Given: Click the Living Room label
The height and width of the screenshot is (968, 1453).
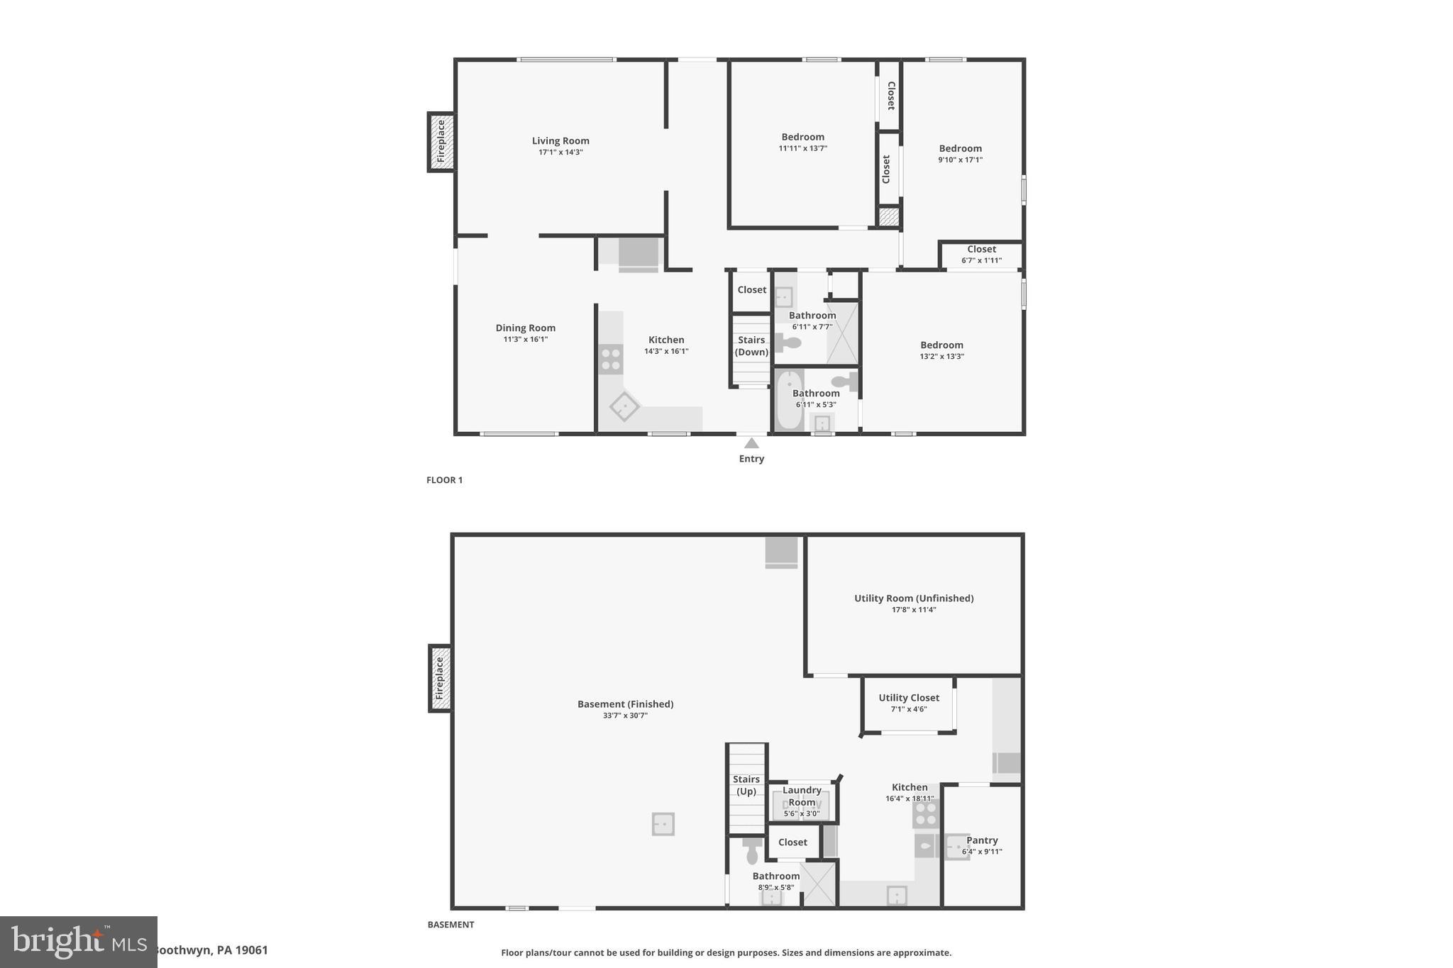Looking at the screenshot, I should coord(560,140).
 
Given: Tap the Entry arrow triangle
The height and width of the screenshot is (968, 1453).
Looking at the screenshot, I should coord(751,444).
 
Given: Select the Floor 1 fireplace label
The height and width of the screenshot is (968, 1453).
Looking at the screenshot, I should coord(441,142).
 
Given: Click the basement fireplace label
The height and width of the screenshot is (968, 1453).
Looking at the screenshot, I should coord(440,678).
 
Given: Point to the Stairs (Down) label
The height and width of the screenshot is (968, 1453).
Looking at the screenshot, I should coord(751,346).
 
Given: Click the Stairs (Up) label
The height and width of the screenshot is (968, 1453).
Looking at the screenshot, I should coord(746,785).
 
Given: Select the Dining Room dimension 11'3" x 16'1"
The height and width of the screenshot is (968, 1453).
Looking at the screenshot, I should coord(526,340).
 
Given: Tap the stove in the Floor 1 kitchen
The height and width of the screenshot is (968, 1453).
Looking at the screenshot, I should coord(611,359).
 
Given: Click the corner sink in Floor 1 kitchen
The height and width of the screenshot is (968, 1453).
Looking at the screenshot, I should coord(624,406).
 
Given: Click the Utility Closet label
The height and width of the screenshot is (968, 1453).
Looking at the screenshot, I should coord(909,698).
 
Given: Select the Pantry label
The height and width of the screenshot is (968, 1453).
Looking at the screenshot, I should coord(982,840).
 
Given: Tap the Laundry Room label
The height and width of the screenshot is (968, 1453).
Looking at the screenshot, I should coord(802,796).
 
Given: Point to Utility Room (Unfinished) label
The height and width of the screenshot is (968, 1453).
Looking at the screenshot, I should coord(914,598).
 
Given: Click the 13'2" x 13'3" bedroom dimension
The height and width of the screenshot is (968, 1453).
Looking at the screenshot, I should coord(942,357).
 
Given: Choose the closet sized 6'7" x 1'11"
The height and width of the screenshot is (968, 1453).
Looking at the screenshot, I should coord(982,254).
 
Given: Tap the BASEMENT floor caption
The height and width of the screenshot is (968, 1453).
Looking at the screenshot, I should coord(451,925).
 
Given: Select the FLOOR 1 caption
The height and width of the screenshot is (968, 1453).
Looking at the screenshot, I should coord(444,480).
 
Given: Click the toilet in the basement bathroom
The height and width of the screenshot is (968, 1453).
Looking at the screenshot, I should coord(752,852).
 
